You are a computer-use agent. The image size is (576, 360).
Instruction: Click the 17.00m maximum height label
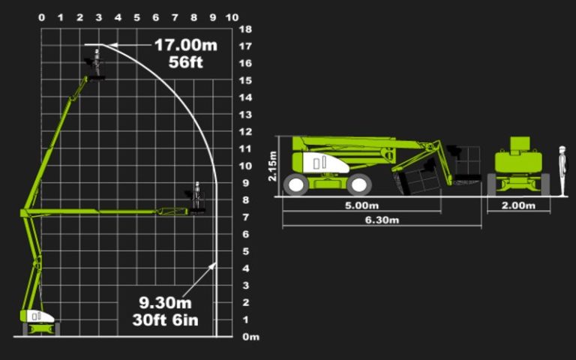(x=185, y=45)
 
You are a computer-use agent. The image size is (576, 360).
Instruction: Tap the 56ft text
(x=185, y=61)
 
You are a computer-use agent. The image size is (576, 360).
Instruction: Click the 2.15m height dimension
(x=273, y=165)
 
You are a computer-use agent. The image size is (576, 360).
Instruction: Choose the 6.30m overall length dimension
(x=382, y=220)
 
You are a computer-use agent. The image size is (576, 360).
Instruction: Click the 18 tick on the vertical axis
(x=244, y=29)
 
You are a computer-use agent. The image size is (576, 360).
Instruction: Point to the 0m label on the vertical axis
(x=250, y=337)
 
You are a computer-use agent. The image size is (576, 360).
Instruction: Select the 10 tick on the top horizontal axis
(x=232, y=16)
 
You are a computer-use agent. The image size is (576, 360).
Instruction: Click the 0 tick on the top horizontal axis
(x=41, y=16)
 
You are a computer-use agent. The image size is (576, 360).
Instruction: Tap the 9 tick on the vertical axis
(x=244, y=183)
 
